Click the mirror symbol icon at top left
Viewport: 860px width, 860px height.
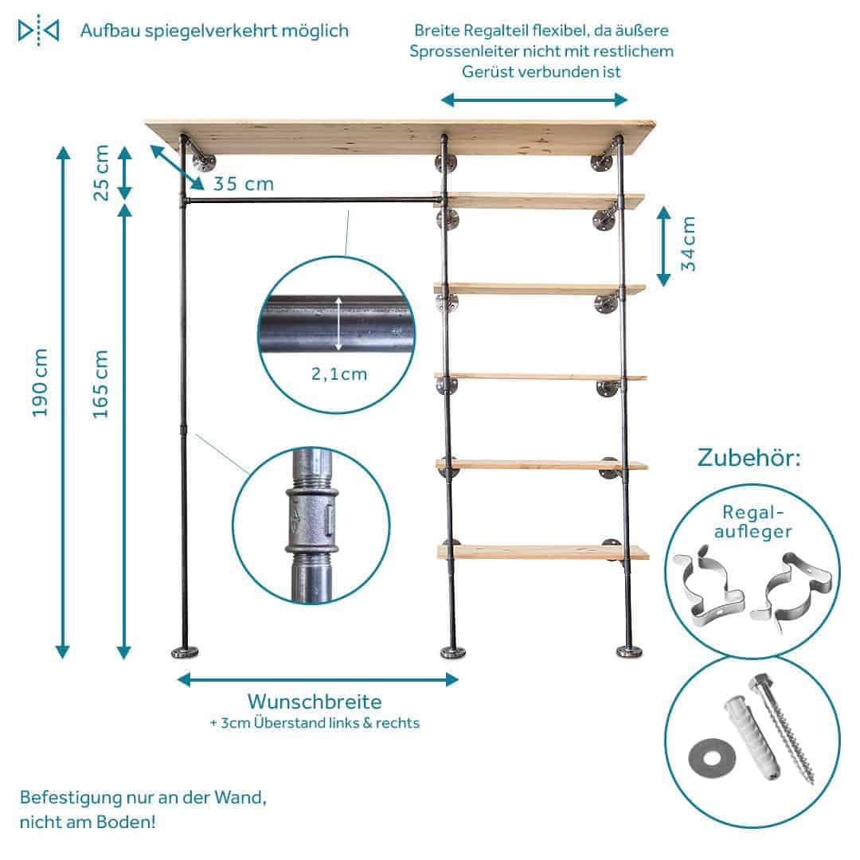pyautogui.click(x=38, y=31)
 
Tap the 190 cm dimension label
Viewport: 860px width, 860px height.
pyautogui.click(x=41, y=382)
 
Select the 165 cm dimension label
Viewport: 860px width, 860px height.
pyautogui.click(x=100, y=384)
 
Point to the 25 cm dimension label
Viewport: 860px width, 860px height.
pyautogui.click(x=100, y=172)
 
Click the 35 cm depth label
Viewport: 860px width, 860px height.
pyautogui.click(x=243, y=184)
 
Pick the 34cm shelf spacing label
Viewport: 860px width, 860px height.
pyautogui.click(x=689, y=244)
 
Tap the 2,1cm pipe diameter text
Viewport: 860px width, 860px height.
pyautogui.click(x=339, y=373)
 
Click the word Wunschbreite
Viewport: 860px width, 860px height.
pyautogui.click(x=314, y=702)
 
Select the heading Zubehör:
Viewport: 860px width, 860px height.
pyautogui.click(x=749, y=459)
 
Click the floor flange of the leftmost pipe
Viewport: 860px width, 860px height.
pyautogui.click(x=186, y=652)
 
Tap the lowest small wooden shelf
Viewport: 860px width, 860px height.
pyautogui.click(x=541, y=552)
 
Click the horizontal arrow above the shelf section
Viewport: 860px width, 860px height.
pyautogui.click(x=534, y=100)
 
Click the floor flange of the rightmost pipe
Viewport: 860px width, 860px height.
pyautogui.click(x=630, y=651)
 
